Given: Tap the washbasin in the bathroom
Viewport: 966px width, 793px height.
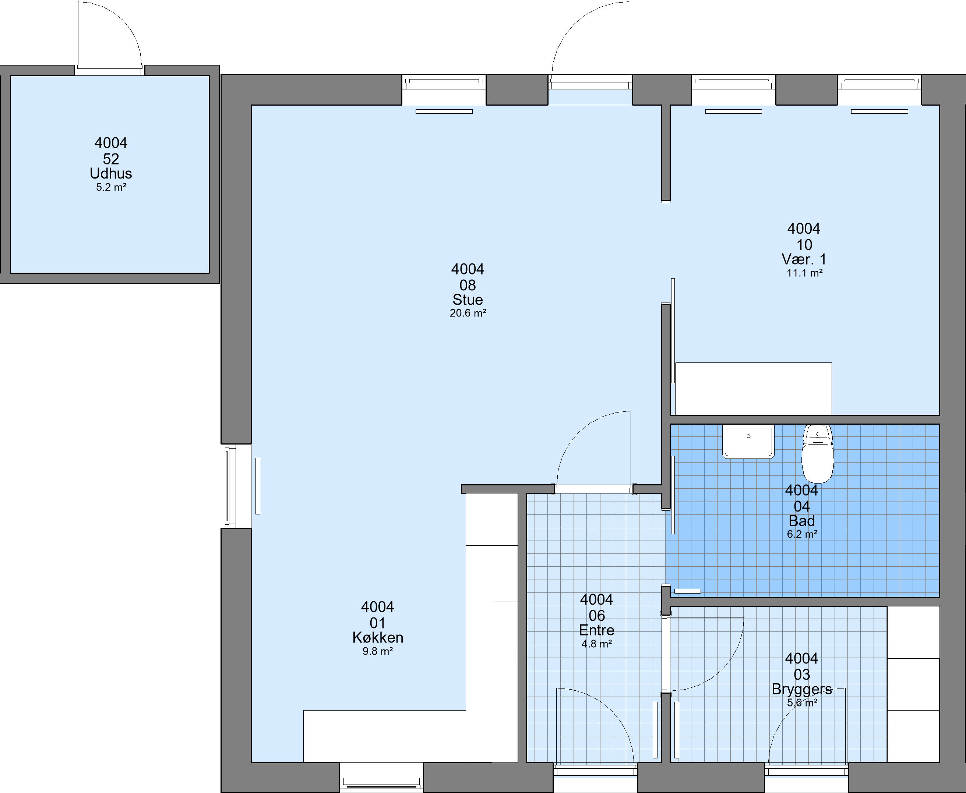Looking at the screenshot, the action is (748, 441).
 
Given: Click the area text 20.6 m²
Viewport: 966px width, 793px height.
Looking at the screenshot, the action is (468, 313).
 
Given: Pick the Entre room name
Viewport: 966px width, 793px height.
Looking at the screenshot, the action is (596, 630).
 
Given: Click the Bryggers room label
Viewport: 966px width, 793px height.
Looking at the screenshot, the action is (801, 689).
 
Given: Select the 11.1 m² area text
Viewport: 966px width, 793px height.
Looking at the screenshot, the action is (804, 273).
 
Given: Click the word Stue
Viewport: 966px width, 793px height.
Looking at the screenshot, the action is (468, 300).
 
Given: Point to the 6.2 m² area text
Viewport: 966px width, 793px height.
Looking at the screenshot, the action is (802, 534).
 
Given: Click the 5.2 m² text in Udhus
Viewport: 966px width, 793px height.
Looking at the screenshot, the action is (111, 187).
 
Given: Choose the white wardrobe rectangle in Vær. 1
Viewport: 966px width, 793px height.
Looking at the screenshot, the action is (753, 389).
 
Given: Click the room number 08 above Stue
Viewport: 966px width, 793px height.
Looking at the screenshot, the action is (468, 285).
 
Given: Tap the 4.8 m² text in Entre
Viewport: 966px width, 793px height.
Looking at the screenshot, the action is (596, 644).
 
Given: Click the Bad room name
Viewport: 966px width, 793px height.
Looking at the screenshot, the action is (801, 521).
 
